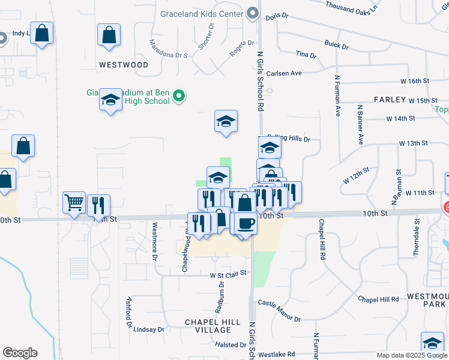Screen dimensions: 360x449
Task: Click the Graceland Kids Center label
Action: click(x=201, y=13)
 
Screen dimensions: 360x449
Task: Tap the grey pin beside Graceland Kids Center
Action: click(x=253, y=13)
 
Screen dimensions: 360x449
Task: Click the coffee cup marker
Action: click(x=245, y=224)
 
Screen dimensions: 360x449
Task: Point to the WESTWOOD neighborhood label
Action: click(x=124, y=64)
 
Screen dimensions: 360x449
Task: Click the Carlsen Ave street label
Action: click(x=284, y=73)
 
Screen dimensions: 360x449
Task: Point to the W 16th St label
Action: click(x=415, y=80)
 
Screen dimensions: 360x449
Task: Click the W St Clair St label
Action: click(x=228, y=275)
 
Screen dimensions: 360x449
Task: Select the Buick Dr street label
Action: click(x=336, y=45)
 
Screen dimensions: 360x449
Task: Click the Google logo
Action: click(x=20, y=353)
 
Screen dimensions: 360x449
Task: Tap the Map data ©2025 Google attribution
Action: click(x=412, y=355)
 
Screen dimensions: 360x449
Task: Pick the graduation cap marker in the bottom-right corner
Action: click(x=432, y=343)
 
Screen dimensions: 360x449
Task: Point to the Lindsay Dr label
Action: click(x=148, y=329)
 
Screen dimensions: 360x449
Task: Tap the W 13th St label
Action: click(x=413, y=143)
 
